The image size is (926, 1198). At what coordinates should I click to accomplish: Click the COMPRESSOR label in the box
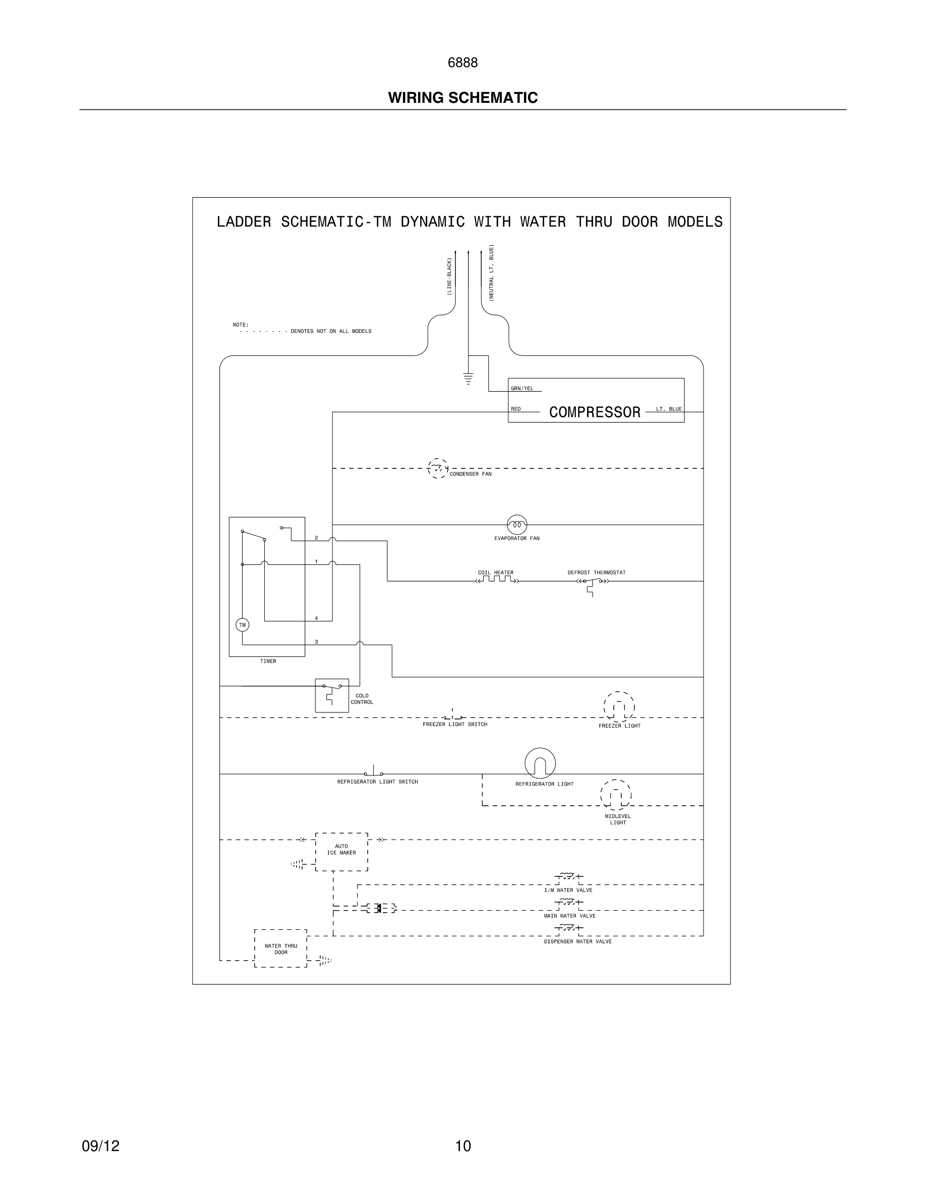click(595, 412)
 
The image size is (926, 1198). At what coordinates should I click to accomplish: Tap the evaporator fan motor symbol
click(517, 525)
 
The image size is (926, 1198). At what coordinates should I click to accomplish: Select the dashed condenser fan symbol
click(437, 468)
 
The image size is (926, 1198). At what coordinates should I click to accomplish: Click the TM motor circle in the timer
click(242, 625)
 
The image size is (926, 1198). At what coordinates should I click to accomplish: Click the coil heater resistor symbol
click(496, 580)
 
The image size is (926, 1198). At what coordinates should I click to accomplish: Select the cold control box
click(331, 695)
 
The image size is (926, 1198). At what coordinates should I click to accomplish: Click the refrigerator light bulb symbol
click(540, 763)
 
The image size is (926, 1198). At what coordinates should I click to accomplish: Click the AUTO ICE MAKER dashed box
click(341, 852)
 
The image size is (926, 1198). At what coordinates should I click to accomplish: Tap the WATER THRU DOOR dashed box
click(280, 948)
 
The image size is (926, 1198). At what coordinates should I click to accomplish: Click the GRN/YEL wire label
click(522, 388)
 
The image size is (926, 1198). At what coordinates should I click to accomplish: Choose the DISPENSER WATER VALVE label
click(577, 941)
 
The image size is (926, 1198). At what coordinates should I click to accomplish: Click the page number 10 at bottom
click(463, 1146)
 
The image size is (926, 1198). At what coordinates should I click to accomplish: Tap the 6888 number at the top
click(462, 63)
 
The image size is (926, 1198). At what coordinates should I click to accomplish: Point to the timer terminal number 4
click(316, 618)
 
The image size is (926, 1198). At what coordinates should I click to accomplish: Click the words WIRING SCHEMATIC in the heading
click(462, 98)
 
